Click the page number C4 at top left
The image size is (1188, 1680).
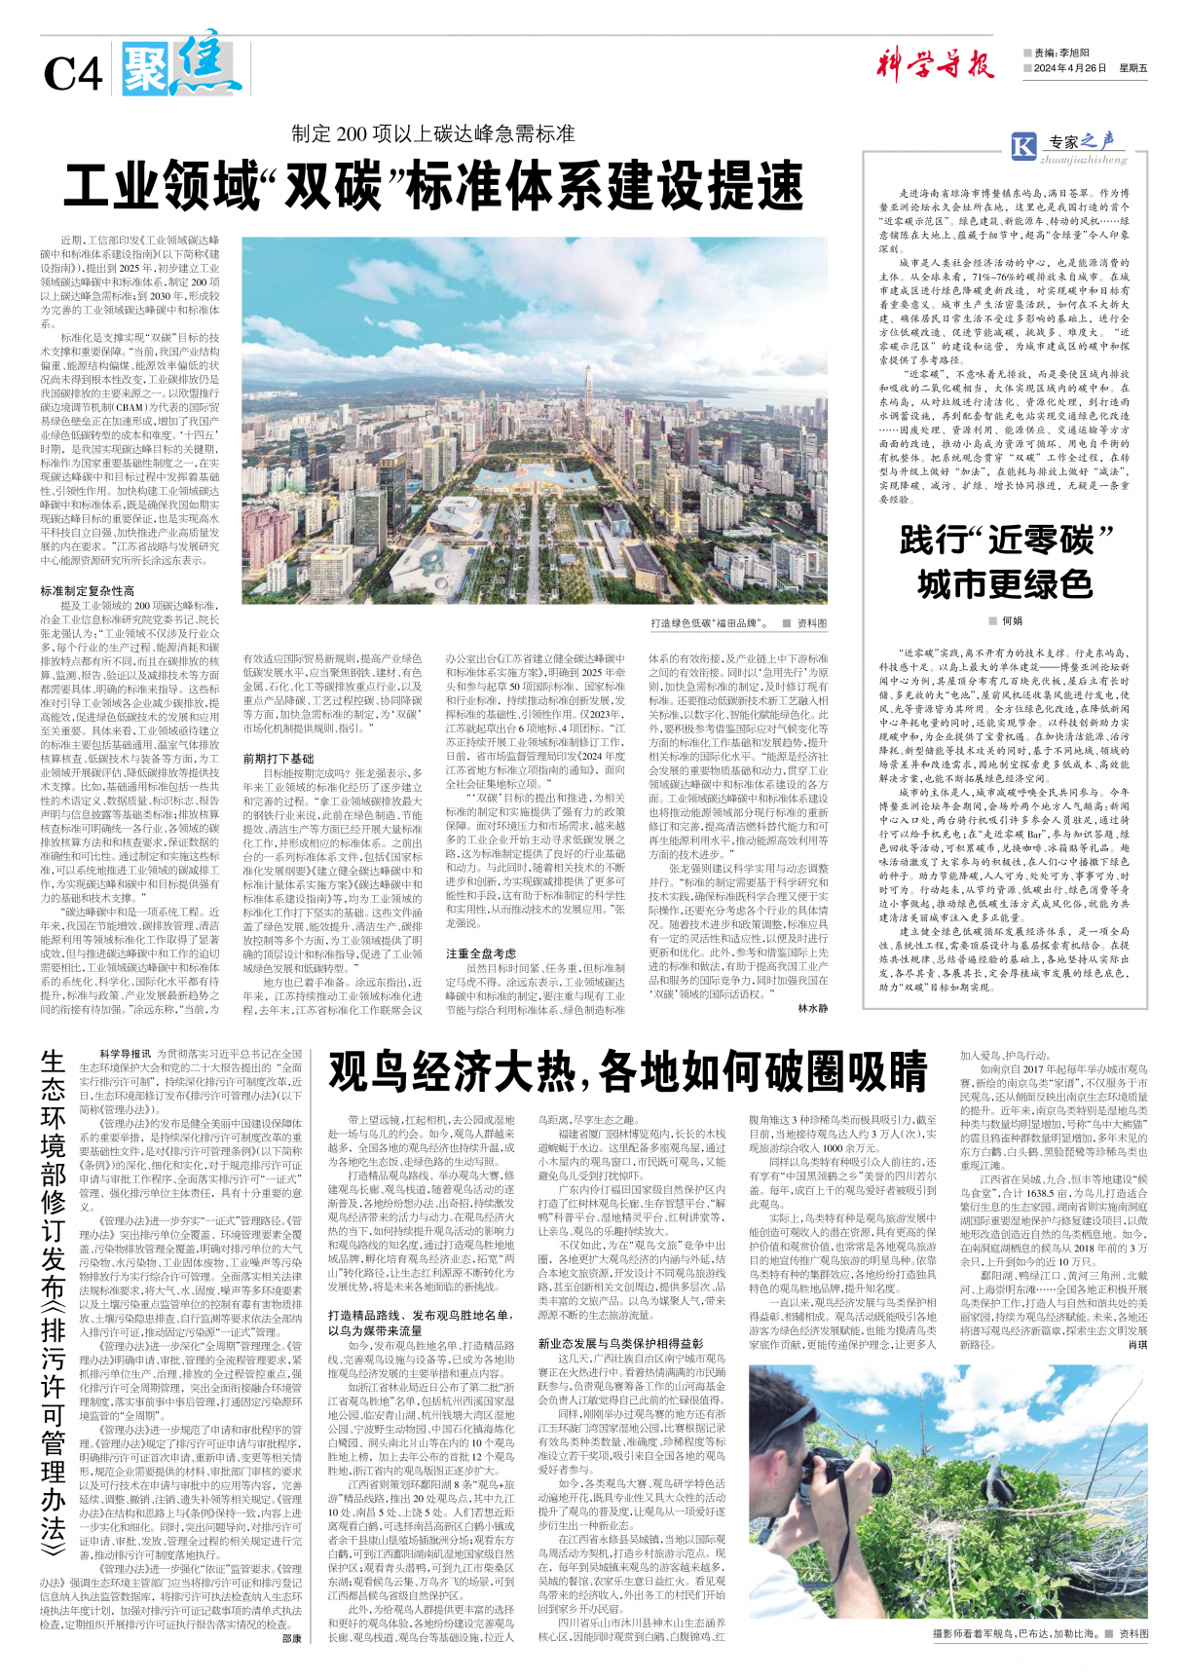point(72,74)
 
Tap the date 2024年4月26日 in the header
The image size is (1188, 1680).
point(1070,68)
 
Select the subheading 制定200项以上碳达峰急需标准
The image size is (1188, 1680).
point(433,134)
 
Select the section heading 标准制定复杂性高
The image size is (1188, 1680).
point(88,591)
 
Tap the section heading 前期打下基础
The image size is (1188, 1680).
point(278,759)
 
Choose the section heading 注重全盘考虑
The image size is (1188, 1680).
point(481,953)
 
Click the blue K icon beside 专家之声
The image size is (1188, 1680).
point(1023,147)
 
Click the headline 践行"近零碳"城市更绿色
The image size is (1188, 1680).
point(1006,562)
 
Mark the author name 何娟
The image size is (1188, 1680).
point(1012,620)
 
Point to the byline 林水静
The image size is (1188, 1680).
point(812,1009)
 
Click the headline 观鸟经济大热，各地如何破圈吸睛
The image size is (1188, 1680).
point(627,1072)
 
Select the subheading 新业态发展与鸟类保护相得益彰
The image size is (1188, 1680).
point(620,1343)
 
